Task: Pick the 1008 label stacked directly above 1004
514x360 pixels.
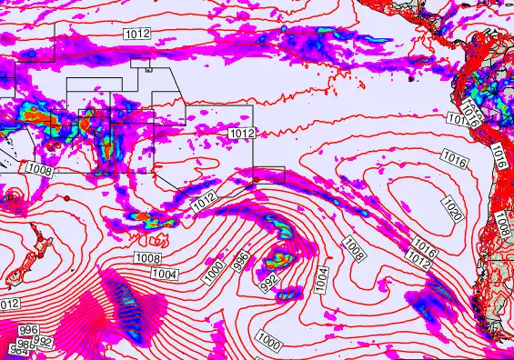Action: (x=147, y=259)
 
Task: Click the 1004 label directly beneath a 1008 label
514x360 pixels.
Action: (x=165, y=274)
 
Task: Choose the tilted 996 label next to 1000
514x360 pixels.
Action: (x=241, y=262)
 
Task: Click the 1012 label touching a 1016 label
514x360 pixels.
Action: (x=418, y=259)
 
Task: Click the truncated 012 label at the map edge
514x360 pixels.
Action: (x=9, y=304)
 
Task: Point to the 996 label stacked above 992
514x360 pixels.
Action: (x=28, y=330)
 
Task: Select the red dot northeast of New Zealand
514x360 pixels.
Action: (x=67, y=197)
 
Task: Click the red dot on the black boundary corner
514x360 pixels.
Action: (x=257, y=180)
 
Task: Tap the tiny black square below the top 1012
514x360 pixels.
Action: (x=148, y=66)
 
